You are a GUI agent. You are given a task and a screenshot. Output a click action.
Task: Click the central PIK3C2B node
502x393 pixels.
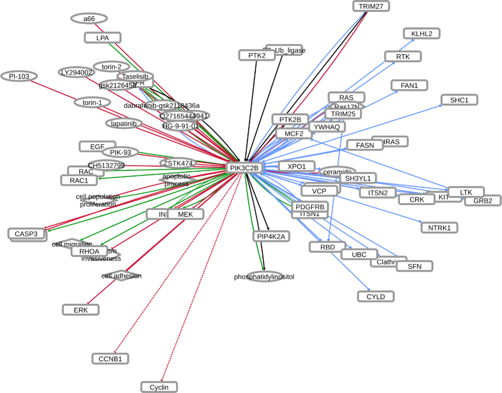click(244, 168)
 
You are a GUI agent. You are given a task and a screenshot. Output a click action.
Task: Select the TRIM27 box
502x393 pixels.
click(371, 6)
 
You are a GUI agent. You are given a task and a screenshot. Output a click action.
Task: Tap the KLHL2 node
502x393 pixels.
click(422, 34)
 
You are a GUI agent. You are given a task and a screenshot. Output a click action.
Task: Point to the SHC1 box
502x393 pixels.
click(459, 100)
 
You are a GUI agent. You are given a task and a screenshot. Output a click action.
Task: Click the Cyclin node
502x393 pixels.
click(159, 387)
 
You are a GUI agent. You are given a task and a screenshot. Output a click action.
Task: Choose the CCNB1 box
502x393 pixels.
click(110, 359)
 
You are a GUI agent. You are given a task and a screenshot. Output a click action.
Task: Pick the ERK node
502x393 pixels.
click(81, 310)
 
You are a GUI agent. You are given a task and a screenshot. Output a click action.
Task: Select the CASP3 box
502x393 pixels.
click(26, 234)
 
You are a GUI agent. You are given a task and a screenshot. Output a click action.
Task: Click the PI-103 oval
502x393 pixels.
click(19, 76)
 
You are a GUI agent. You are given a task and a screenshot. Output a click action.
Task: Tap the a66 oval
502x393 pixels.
click(89, 19)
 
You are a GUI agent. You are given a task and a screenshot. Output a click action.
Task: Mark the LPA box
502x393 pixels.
click(102, 38)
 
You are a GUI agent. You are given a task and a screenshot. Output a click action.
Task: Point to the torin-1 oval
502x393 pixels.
click(92, 102)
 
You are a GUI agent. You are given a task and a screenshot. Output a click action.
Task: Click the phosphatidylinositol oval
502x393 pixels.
click(264, 277)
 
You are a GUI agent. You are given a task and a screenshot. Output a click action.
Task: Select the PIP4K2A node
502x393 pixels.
click(271, 236)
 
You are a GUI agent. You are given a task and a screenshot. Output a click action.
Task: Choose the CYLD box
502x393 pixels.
click(376, 297)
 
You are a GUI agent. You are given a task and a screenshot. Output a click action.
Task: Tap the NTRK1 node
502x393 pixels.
click(439, 228)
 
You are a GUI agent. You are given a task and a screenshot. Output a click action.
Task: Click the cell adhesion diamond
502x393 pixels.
click(121, 276)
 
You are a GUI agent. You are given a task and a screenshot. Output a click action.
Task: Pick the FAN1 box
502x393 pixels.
click(409, 85)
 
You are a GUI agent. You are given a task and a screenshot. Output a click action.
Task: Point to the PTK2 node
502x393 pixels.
click(257, 55)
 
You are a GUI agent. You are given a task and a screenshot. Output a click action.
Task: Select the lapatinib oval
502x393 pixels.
click(124, 123)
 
